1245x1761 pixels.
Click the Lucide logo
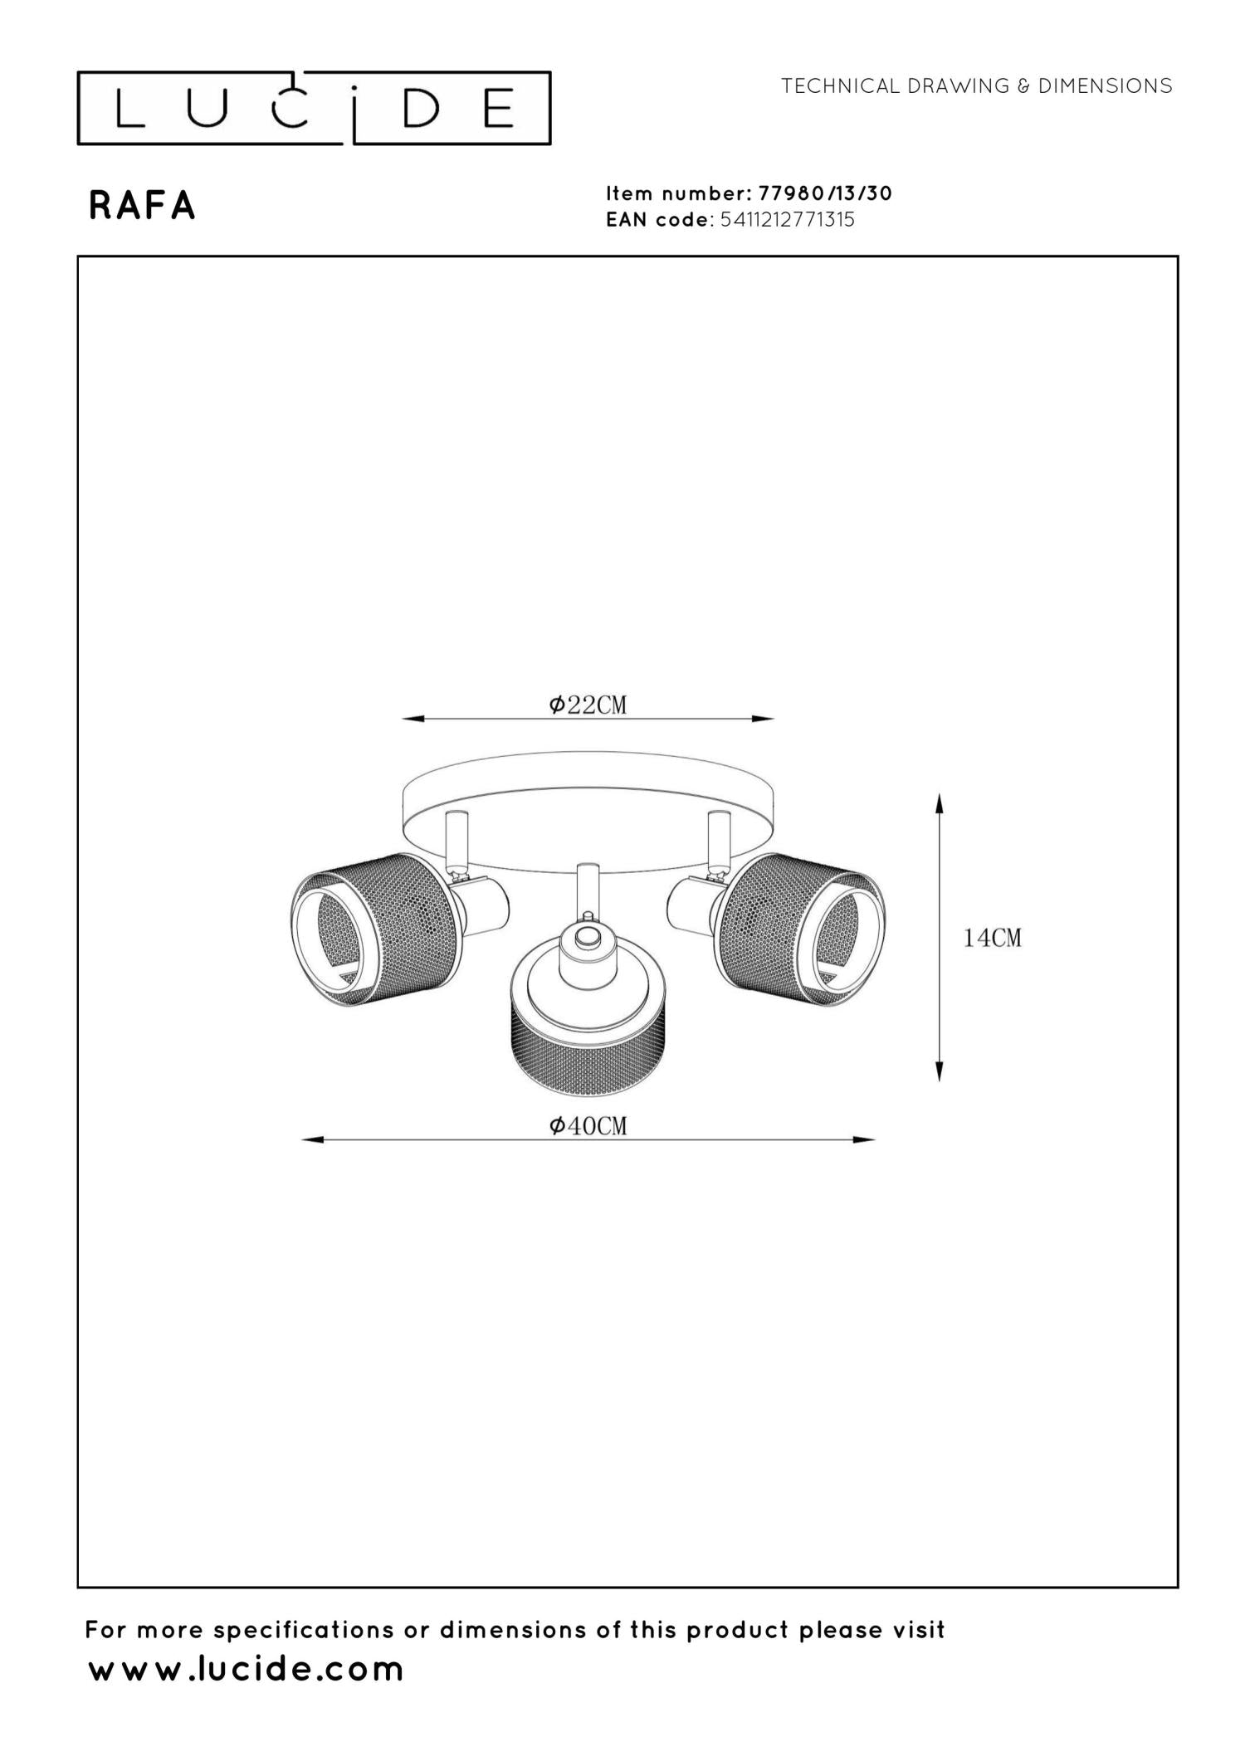click(314, 108)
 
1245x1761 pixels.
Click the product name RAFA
click(142, 207)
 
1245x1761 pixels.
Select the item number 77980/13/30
click(825, 193)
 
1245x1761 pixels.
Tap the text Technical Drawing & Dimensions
click(976, 85)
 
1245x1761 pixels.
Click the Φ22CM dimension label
click(588, 705)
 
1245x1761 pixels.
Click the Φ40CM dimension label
click(588, 1125)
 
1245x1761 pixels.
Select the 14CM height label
click(992, 938)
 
